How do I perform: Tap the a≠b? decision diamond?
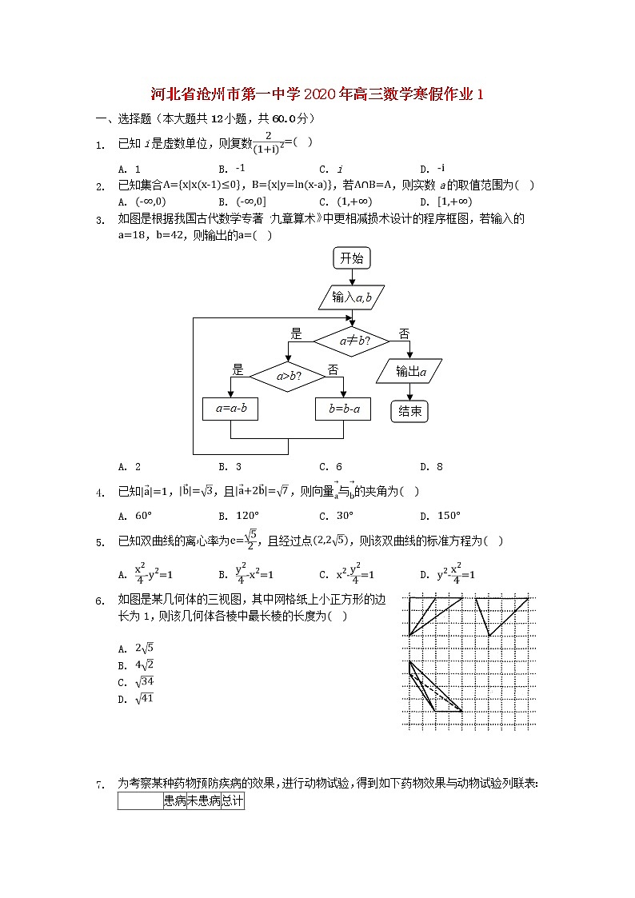(x=351, y=341)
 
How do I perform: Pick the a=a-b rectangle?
(x=230, y=409)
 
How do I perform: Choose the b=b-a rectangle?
(x=344, y=409)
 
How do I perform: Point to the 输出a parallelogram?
(x=409, y=371)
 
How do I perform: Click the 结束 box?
(x=409, y=411)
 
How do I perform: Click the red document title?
(x=317, y=94)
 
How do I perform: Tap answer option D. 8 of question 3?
(x=431, y=467)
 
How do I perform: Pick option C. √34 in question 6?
(x=136, y=682)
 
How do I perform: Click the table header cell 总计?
(x=232, y=800)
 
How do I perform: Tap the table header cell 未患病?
(x=203, y=800)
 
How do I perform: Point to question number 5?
(x=101, y=543)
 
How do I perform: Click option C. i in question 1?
(x=331, y=170)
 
